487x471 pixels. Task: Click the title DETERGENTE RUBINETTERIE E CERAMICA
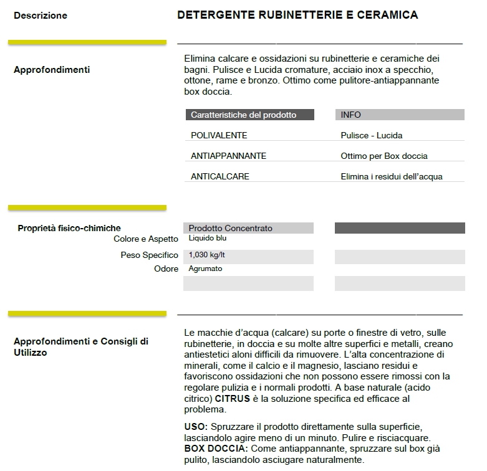click(297, 15)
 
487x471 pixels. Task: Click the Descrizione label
click(41, 16)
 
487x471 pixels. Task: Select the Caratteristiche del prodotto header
click(243, 115)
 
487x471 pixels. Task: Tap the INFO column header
click(350, 115)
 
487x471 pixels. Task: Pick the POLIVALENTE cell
click(219, 136)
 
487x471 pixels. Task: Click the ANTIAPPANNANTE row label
click(228, 156)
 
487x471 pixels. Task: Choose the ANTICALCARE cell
click(219, 177)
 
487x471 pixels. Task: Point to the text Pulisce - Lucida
click(372, 136)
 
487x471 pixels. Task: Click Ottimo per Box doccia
click(384, 156)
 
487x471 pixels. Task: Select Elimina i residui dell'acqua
click(392, 177)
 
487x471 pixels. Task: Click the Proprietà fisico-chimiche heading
click(69, 229)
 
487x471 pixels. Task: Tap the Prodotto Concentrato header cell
click(230, 229)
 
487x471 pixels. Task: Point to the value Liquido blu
click(208, 239)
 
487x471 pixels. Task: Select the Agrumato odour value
click(205, 269)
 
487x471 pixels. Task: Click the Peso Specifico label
click(150, 255)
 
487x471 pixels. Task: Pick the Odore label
click(166, 269)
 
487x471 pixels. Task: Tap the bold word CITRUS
click(233, 399)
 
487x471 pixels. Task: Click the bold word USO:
click(196, 427)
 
